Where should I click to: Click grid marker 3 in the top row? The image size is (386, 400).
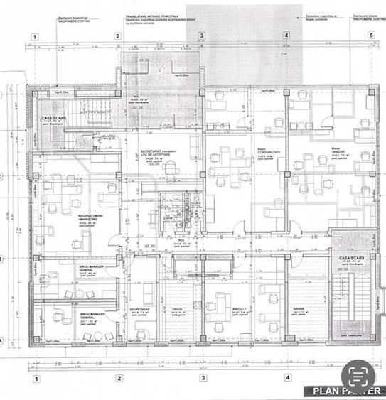click(x=202, y=35)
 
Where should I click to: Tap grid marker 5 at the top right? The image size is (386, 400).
click(x=370, y=34)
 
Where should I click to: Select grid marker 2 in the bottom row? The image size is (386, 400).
click(x=119, y=378)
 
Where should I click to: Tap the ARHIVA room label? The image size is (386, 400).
click(x=299, y=309)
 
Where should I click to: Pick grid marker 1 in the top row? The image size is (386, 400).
click(x=34, y=36)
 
